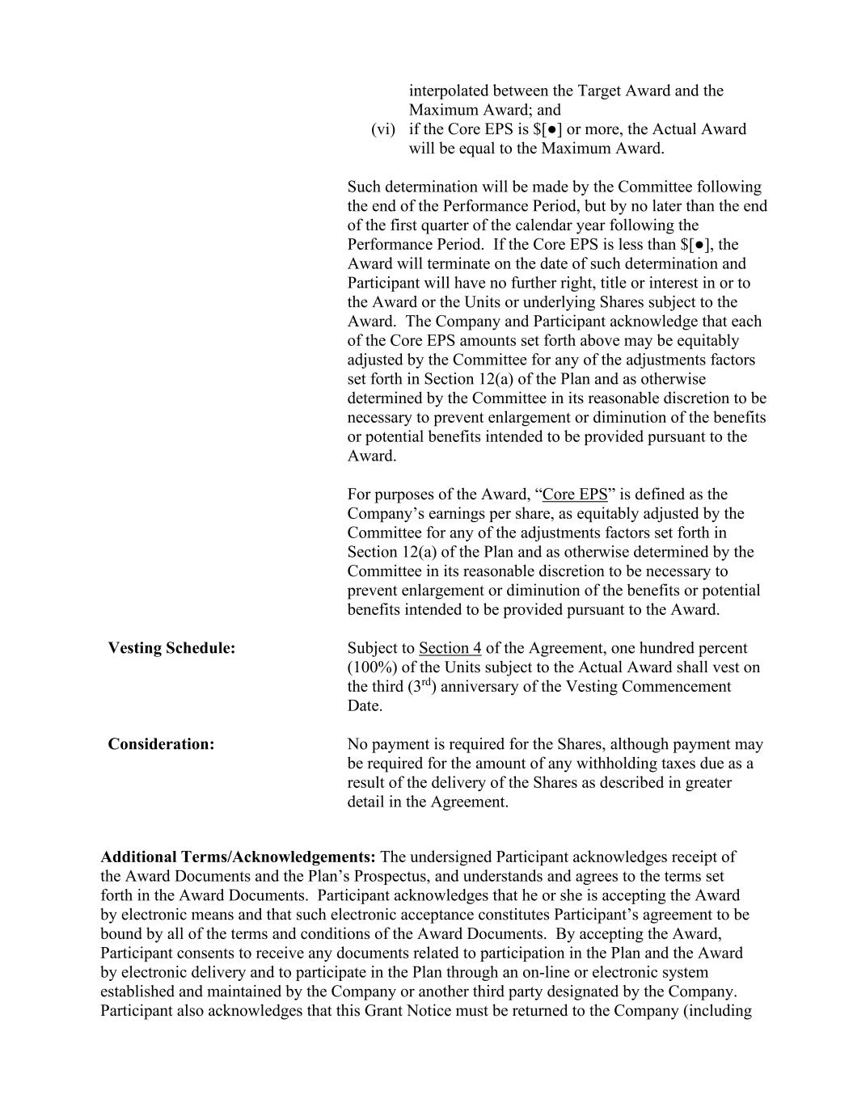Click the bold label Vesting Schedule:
[x=171, y=648]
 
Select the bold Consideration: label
[x=161, y=744]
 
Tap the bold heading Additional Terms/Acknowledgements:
[x=238, y=857]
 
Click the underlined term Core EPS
[x=575, y=495]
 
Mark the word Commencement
[x=681, y=687]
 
